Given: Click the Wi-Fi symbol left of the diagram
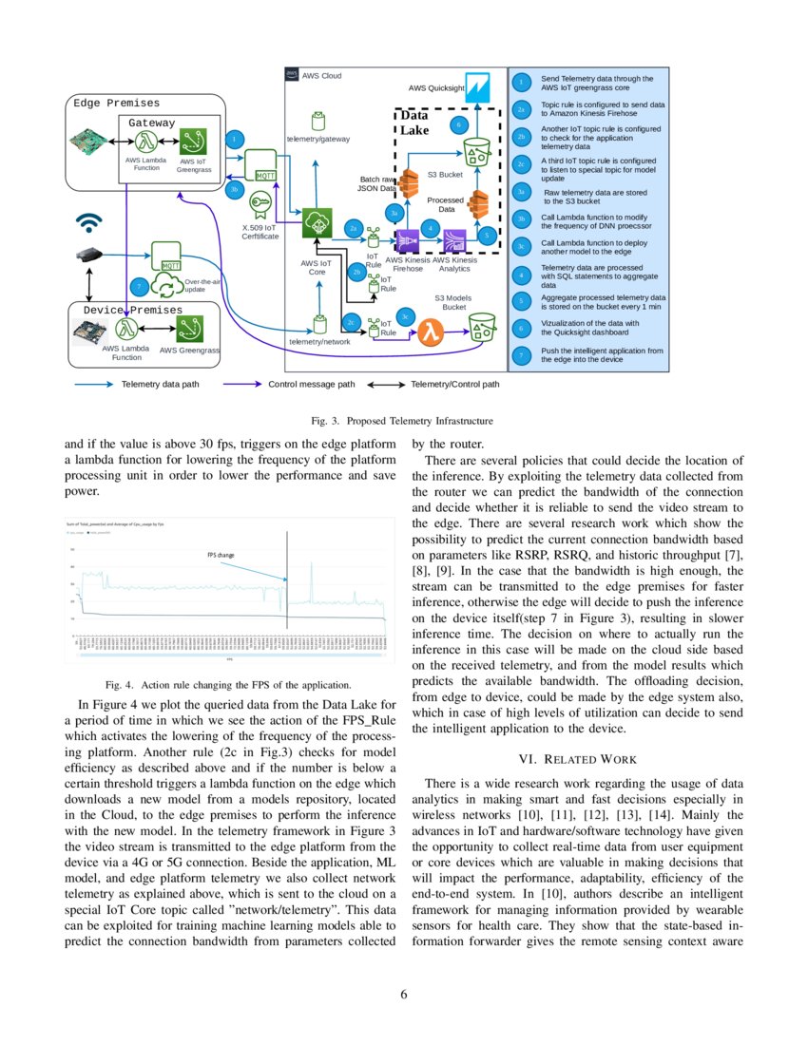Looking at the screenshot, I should (89, 223).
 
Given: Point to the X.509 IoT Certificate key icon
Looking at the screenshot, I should (259, 203).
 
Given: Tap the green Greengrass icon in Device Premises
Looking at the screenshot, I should (189, 330).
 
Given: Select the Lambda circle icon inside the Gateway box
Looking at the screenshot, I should (146, 142).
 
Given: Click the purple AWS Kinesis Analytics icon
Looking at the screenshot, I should (453, 239).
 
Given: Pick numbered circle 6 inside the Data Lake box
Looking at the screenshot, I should (459, 124).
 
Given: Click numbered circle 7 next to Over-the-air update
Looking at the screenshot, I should (139, 285).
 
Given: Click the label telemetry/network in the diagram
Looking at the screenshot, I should (319, 341).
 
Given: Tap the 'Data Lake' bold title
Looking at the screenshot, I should (414, 123).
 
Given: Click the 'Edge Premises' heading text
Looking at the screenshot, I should (117, 103).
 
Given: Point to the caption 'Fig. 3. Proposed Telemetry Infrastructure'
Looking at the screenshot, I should (404, 419).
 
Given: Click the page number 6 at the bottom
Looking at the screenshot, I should (404, 994).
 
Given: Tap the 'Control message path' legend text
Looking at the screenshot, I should (312, 385).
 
